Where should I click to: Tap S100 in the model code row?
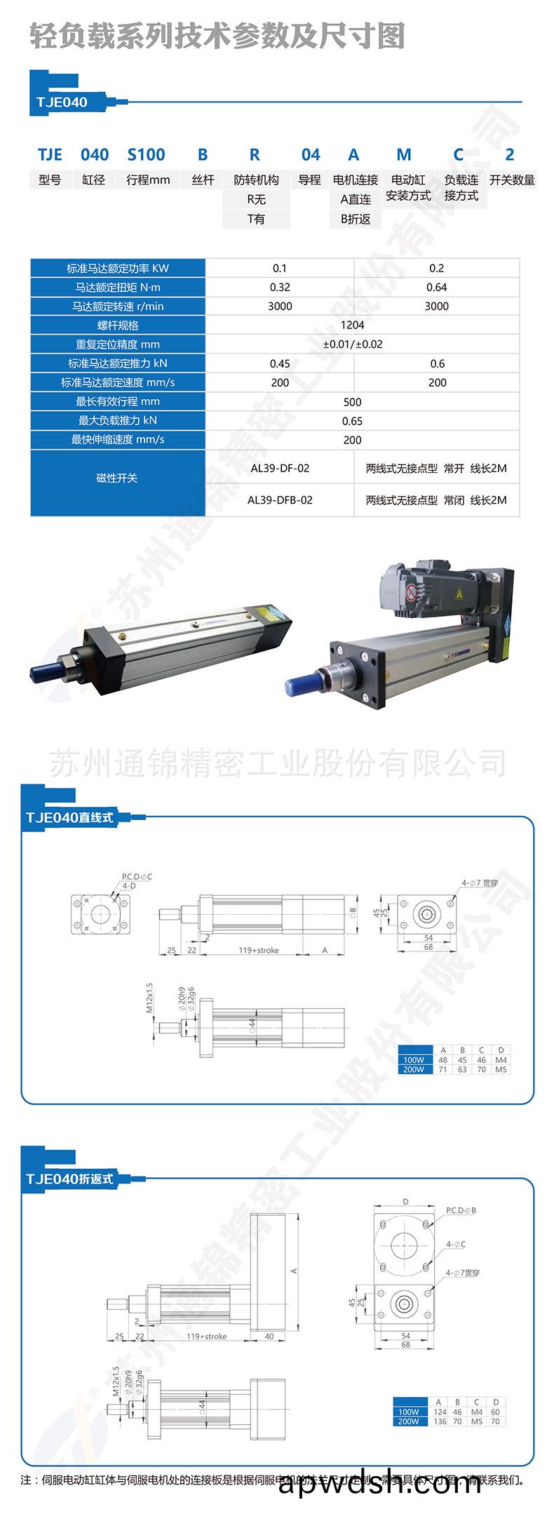tap(146, 154)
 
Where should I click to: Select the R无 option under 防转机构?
tap(256, 199)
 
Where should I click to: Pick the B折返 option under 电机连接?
tap(356, 219)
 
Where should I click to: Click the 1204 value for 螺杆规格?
tap(352, 326)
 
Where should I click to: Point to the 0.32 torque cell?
tap(280, 287)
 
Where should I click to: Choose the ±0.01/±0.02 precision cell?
tap(352, 344)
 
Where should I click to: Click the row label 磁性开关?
tap(117, 478)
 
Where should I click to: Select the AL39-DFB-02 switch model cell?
tap(280, 500)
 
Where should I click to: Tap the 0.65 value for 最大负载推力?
tap(352, 421)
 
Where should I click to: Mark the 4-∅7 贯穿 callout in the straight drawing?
tap(480, 883)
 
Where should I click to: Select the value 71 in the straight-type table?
tap(443, 1070)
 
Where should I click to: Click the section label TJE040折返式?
tap(69, 1179)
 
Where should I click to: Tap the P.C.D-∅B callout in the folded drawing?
tap(461, 1210)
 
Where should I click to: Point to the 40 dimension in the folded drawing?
tap(270, 1337)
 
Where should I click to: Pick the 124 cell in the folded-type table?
tap(440, 1412)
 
